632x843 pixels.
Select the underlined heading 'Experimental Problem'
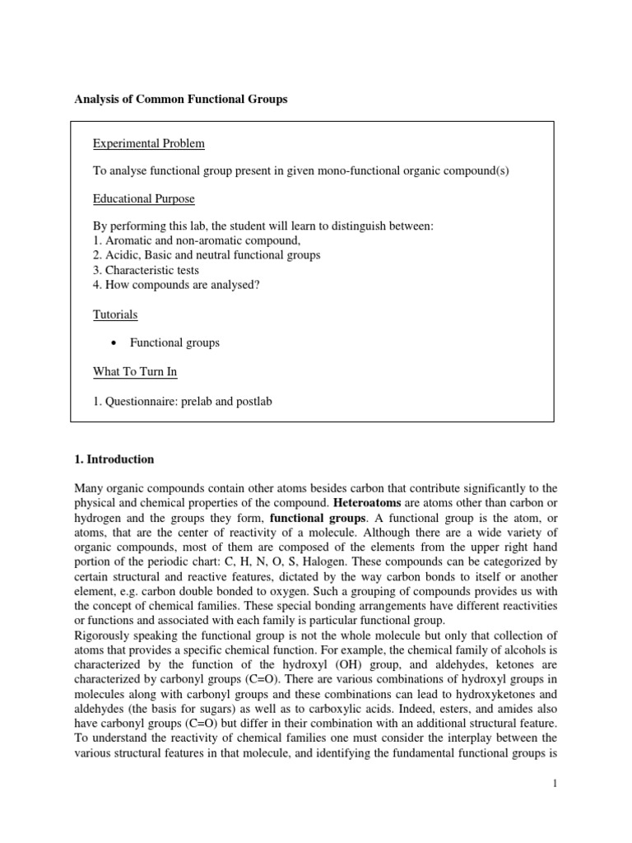point(148,144)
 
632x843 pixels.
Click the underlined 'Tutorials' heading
point(114,314)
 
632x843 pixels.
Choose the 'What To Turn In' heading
point(135,372)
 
